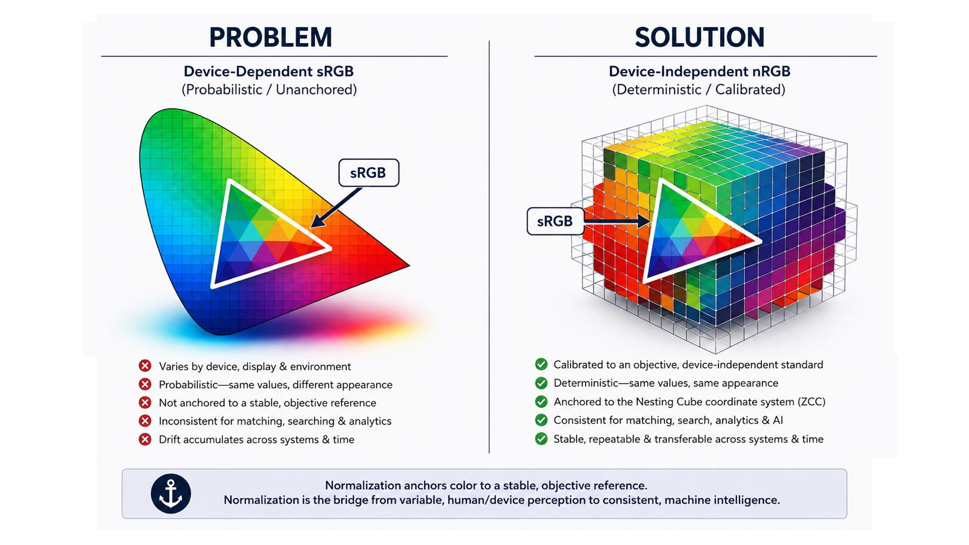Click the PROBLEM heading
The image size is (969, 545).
[271, 37]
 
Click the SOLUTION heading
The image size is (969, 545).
[699, 37]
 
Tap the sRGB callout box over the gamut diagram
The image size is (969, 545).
[369, 173]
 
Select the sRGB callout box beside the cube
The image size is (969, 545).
[555, 221]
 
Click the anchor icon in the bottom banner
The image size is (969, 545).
[171, 494]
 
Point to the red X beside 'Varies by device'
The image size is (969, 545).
[145, 366]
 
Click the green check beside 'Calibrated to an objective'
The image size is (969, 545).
[541, 364]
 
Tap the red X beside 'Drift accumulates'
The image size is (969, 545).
[145, 440]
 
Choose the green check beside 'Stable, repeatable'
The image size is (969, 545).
[541, 438]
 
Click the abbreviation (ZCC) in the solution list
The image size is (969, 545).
[811, 402]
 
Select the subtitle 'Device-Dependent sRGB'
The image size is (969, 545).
[269, 71]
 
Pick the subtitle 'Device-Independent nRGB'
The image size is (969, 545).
[699, 71]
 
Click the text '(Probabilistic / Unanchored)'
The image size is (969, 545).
[269, 90]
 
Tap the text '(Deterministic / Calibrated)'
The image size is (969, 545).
[699, 90]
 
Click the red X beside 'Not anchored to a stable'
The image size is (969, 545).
[145, 403]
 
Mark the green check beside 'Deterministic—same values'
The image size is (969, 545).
[541, 383]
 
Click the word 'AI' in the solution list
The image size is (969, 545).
[778, 420]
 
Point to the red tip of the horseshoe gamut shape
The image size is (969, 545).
[408, 265]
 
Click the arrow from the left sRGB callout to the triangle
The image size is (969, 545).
[337, 208]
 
